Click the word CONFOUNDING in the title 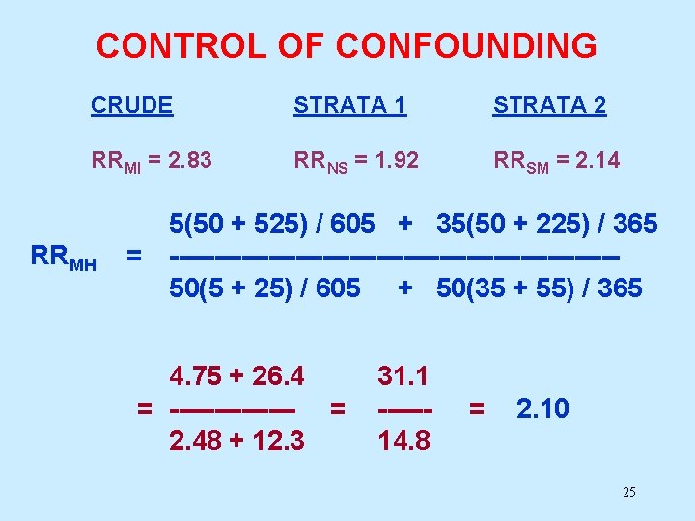coord(474,45)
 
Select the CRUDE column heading coord(132,106)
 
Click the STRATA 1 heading coord(350,106)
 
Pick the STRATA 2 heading coord(550,106)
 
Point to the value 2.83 coord(190,160)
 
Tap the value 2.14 coord(598,160)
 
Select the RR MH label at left coord(64,258)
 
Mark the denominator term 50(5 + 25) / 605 coord(264,288)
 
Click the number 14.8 coord(403,440)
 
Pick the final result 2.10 coord(542,408)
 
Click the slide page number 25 coord(629,493)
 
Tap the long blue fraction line coord(395,257)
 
